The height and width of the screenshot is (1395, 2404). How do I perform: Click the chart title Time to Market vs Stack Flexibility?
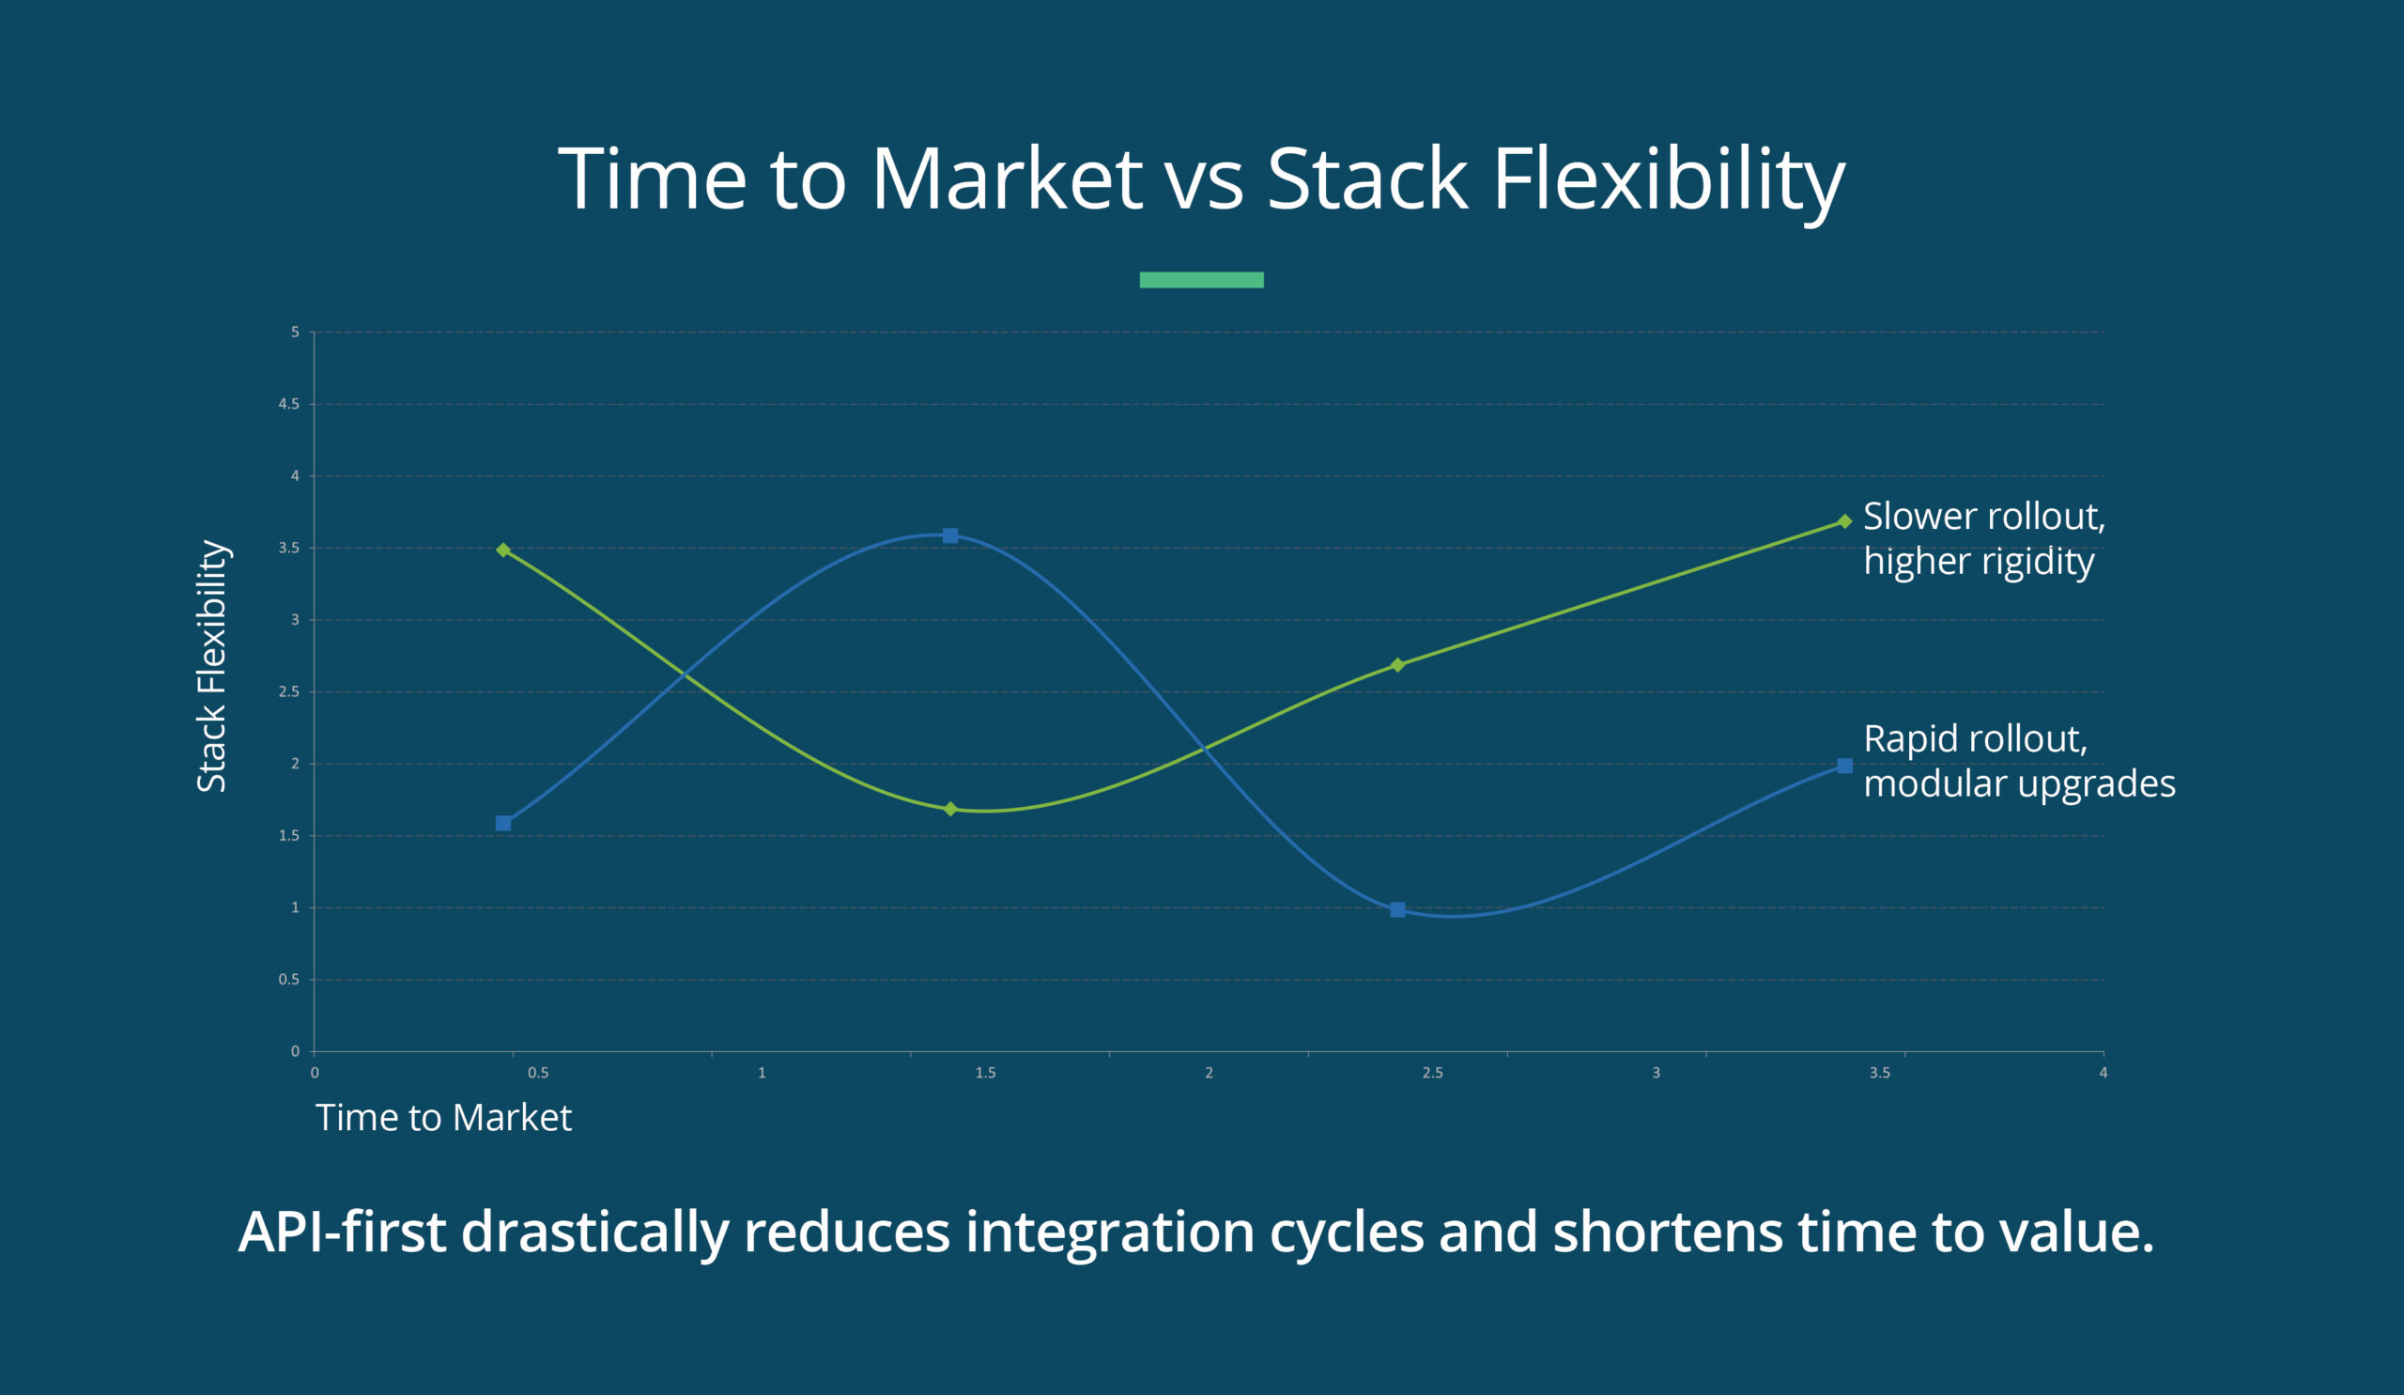coord(1201,178)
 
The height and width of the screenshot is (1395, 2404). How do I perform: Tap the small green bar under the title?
coord(1201,280)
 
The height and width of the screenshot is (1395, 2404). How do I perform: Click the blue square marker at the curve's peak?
coord(950,535)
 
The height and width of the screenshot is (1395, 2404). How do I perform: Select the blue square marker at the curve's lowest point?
coord(1397,909)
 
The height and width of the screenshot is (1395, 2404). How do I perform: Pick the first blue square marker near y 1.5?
coord(503,824)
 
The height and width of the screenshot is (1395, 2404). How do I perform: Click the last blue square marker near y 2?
coord(1845,766)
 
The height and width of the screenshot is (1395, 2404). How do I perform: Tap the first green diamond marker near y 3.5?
coord(503,550)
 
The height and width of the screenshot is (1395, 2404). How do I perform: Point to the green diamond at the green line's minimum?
coord(950,808)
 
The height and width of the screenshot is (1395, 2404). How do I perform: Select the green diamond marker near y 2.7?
coord(1397,664)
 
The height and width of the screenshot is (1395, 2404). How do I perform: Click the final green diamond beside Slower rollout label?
coord(1845,521)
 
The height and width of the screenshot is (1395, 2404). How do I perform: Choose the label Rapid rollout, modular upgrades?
coord(2018,761)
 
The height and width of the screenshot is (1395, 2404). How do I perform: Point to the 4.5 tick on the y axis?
coord(289,404)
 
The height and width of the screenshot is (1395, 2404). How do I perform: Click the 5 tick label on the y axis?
coord(295,332)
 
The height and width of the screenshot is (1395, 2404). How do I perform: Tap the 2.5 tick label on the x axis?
coord(1432,1073)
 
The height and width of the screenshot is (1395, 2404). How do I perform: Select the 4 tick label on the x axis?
coord(2103,1073)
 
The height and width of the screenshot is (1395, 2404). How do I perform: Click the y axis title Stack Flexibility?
coord(212,666)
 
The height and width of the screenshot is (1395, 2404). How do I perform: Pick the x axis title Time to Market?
coord(443,1117)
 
